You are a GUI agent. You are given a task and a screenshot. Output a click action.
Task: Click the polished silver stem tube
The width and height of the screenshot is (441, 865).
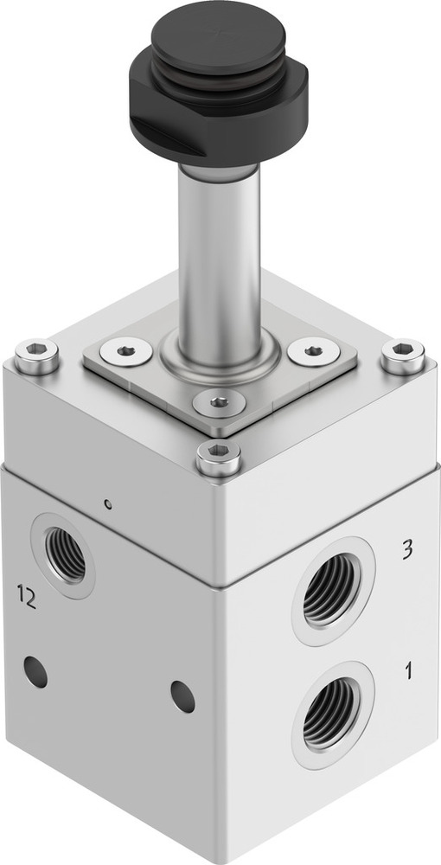click(x=220, y=251)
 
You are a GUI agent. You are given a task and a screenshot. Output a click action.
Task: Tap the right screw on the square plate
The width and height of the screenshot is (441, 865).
click(x=312, y=351)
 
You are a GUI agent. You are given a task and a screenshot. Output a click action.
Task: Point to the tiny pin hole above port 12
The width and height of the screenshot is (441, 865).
click(x=105, y=503)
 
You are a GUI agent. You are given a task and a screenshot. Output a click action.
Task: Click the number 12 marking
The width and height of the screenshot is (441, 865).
click(x=27, y=598)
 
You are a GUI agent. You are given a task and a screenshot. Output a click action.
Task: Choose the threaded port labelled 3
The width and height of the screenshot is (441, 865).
click(x=332, y=591)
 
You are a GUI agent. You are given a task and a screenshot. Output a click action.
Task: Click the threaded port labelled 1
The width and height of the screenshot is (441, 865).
click(x=332, y=714)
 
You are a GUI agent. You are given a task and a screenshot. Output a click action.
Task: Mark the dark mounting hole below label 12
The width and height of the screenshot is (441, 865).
click(x=35, y=671)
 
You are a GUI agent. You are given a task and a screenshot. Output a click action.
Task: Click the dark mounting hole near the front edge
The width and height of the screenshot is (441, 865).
click(x=182, y=696)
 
